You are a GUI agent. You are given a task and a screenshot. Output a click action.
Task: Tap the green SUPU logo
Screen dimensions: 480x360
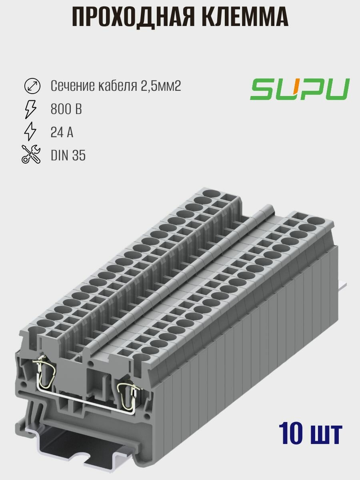pyautogui.click(x=300, y=89)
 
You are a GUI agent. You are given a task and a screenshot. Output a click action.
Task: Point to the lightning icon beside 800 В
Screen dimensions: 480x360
pyautogui.click(x=31, y=109)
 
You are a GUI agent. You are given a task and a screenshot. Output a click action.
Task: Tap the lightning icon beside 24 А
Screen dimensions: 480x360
pyautogui.click(x=31, y=132)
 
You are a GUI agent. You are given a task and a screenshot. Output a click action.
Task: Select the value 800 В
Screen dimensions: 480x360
pyautogui.click(x=66, y=109)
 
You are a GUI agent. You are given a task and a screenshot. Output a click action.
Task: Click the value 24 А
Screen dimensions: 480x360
pyautogui.click(x=62, y=132)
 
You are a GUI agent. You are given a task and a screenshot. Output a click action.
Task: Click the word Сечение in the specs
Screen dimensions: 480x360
pyautogui.click(x=72, y=86)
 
